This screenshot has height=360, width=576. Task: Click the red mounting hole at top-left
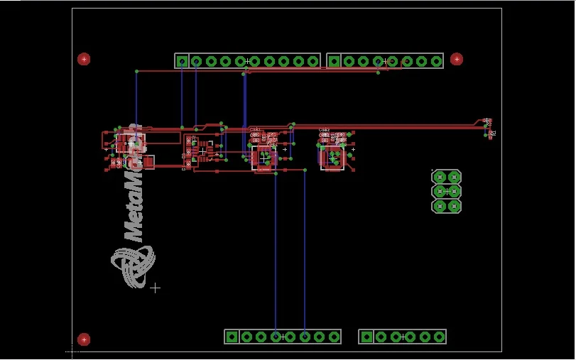click(84, 59)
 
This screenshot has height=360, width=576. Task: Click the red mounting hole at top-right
click(457, 59)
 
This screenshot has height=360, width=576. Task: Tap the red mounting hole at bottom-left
click(84, 339)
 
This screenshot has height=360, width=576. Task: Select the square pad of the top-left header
click(182, 61)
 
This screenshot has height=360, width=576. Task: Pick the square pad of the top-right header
click(334, 61)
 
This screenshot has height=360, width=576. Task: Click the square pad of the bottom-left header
click(232, 337)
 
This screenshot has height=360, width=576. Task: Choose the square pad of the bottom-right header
click(366, 337)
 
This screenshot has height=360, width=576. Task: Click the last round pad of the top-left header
click(313, 61)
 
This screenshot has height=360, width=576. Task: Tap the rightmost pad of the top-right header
click(435, 61)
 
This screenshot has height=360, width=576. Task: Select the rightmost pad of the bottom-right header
click(439, 337)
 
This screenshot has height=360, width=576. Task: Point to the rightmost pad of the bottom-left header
click(333, 337)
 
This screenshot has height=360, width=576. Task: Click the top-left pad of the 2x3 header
click(440, 177)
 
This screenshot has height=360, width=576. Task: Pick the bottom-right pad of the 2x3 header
click(454, 206)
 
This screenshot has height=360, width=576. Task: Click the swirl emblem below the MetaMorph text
click(133, 265)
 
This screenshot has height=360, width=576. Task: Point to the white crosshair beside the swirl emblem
click(155, 288)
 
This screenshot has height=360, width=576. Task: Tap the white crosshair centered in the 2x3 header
click(447, 191)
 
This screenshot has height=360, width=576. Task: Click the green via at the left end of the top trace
click(136, 71)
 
